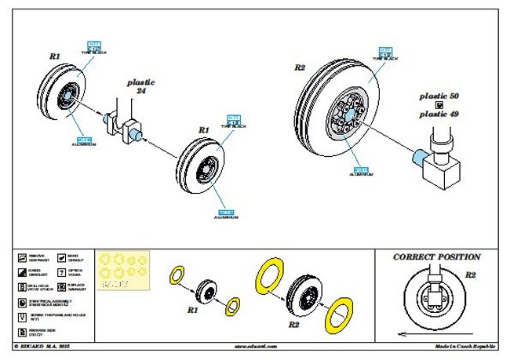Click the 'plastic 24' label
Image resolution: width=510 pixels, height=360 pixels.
141,85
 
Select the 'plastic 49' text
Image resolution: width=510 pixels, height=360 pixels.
439,114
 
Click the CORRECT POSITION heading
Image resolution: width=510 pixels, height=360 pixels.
436,256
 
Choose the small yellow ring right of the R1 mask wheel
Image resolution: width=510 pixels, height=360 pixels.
234,304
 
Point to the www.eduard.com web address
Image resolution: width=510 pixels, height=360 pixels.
255,346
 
